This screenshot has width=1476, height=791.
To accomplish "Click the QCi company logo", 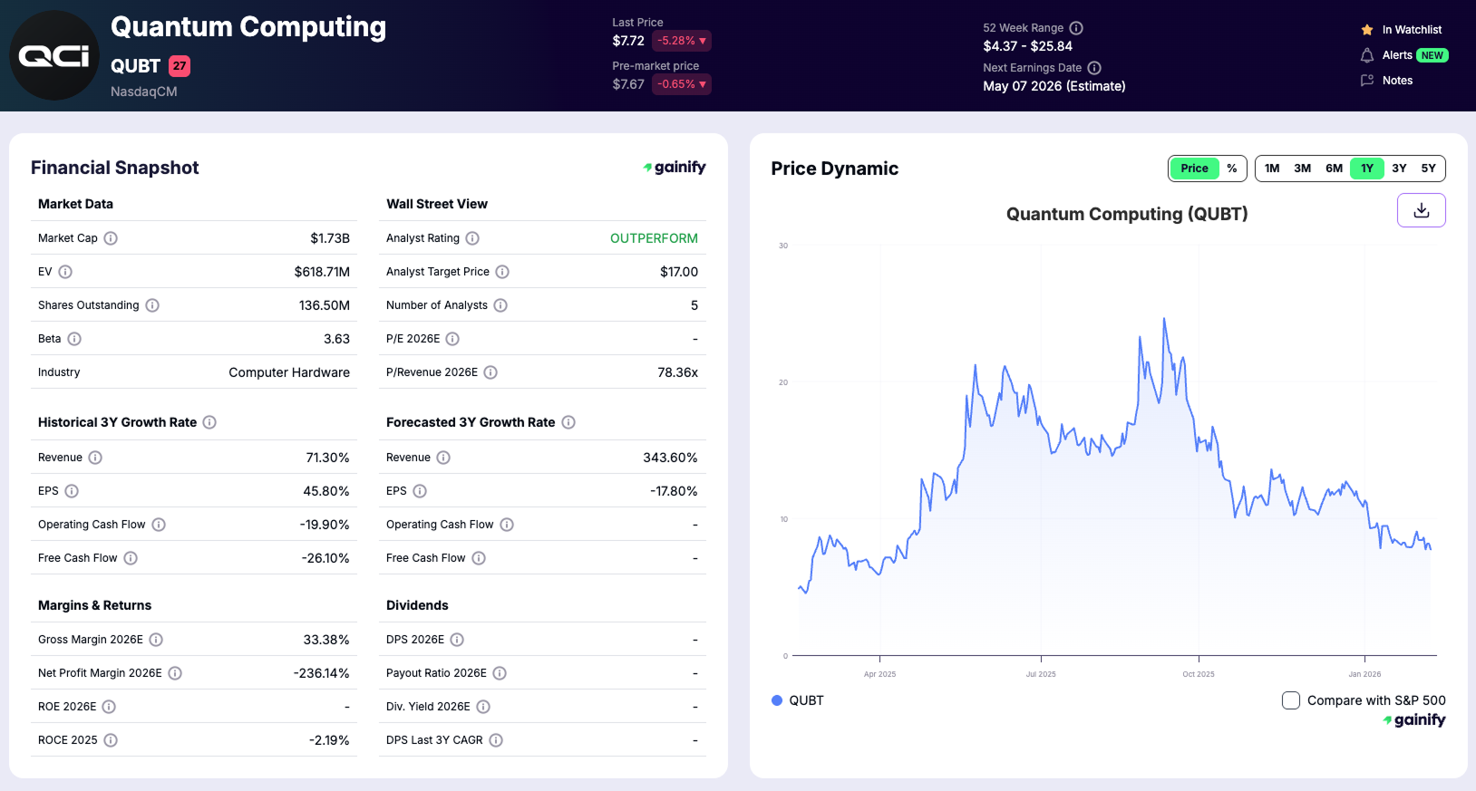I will coord(54,55).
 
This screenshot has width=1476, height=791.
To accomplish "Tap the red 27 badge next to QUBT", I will coord(180,66).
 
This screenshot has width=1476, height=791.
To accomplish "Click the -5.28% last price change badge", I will coord(681,41).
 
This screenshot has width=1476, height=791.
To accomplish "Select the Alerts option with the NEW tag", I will coord(1403,55).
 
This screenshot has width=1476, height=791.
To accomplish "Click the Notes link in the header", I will coord(1397,81).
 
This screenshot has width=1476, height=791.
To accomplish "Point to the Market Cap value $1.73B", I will coord(329,238).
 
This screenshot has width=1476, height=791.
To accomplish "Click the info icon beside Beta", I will coord(74,339).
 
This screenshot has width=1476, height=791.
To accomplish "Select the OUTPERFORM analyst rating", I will coord(654,238).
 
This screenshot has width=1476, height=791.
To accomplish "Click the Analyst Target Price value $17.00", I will coord(678,272).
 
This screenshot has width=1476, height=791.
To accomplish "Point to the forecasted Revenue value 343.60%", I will coord(670,458).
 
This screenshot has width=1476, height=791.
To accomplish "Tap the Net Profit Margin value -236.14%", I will coord(321,673).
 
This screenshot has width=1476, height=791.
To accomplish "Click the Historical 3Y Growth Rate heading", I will coord(117,422).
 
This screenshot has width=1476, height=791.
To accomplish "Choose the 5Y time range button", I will coord(1428,169).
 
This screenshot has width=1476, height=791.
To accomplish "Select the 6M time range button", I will coord(1334,169).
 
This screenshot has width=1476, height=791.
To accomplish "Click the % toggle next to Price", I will coord(1231,169).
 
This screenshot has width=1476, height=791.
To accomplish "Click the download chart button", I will coord(1421,210).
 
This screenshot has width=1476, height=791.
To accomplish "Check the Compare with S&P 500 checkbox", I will coord(1291,700).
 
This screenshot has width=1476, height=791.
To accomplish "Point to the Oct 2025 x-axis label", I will coord(1198,674).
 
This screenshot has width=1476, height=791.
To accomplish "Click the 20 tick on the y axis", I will coord(783,382).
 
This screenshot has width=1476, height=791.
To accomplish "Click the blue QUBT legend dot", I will coord(777,700).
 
